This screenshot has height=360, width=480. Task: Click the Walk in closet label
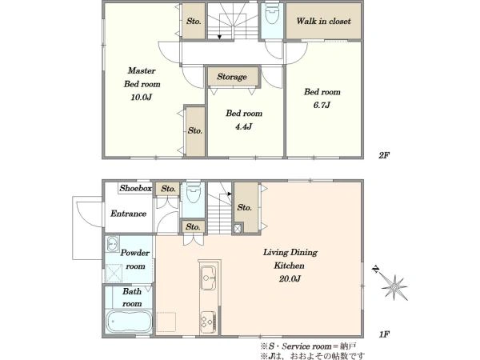323,21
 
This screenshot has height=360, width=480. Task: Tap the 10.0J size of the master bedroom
141,98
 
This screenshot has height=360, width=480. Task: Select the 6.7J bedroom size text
322,105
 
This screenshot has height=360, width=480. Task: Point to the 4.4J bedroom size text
244,126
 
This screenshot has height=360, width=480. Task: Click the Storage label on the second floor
232,77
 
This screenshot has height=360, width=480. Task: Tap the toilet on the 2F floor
271,14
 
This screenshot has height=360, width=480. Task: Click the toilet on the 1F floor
193,193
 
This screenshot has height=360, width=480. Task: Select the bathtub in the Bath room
129,322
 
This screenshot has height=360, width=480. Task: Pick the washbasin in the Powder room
113,244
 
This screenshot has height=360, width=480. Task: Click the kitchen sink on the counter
209,278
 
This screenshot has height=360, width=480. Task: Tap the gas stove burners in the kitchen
209,322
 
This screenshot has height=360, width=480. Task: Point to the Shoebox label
136,188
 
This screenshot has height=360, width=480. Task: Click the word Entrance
128,214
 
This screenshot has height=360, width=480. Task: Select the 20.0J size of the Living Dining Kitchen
290,278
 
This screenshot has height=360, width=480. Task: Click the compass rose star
394,287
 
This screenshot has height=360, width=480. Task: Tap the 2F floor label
383,155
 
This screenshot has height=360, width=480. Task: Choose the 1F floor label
384,334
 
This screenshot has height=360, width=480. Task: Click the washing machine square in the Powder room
114,273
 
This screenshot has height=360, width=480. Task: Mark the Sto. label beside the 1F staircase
244,207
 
